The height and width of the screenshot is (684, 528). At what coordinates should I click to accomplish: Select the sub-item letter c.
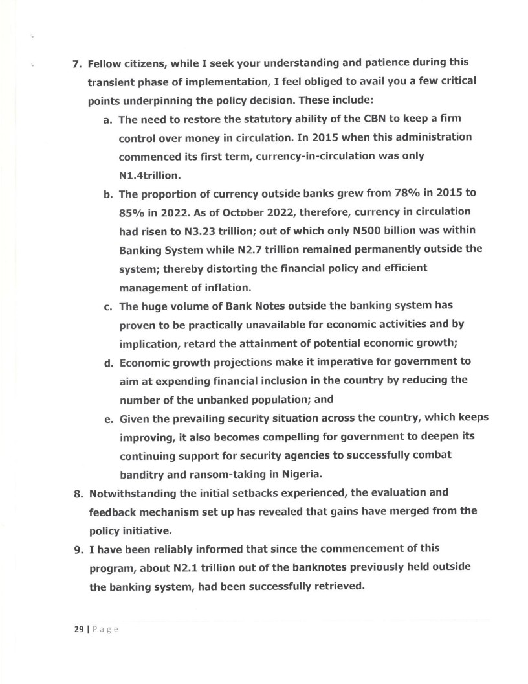coord(107,306)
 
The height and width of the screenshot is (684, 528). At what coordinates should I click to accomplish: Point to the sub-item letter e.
coord(107,418)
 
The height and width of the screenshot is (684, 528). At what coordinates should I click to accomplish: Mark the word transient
coord(115,82)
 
